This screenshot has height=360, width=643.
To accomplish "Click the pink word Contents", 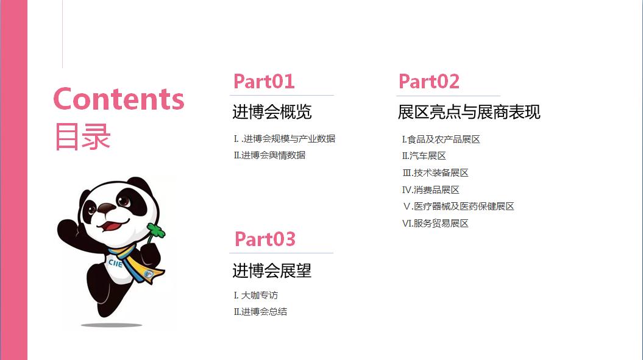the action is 119,99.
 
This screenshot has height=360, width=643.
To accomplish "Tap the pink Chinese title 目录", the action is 82,136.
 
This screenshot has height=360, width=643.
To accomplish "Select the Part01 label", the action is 264,81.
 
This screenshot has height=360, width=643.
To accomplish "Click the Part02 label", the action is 429,81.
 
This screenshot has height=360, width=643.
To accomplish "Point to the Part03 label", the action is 265,239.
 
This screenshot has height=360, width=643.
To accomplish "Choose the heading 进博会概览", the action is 272,111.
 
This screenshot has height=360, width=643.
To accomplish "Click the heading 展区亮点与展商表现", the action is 469,112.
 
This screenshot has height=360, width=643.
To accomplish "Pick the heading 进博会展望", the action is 272,270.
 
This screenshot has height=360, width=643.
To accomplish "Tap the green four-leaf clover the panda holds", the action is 156,231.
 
